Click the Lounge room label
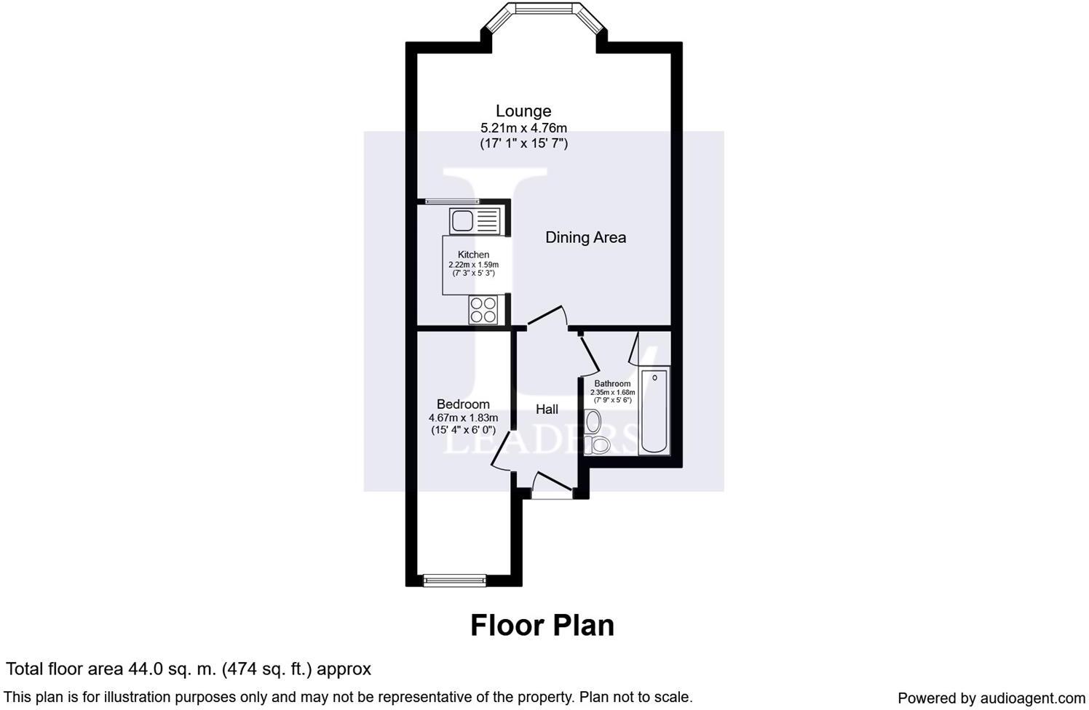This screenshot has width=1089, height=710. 523,111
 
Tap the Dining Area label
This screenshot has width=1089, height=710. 585,237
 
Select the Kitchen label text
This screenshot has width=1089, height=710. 473,255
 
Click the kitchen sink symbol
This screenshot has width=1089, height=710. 475,220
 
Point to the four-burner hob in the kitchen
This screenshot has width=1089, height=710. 483,310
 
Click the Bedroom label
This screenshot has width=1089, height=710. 463,404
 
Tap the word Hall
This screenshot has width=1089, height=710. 547,410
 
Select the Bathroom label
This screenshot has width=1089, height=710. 612,383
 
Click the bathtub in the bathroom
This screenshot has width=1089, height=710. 653,412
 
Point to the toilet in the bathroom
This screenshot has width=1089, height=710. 601,444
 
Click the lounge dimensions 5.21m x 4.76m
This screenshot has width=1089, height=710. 523,128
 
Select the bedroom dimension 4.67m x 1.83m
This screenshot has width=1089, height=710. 463,418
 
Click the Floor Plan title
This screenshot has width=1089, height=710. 542,625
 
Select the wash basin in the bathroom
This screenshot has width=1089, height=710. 594,421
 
